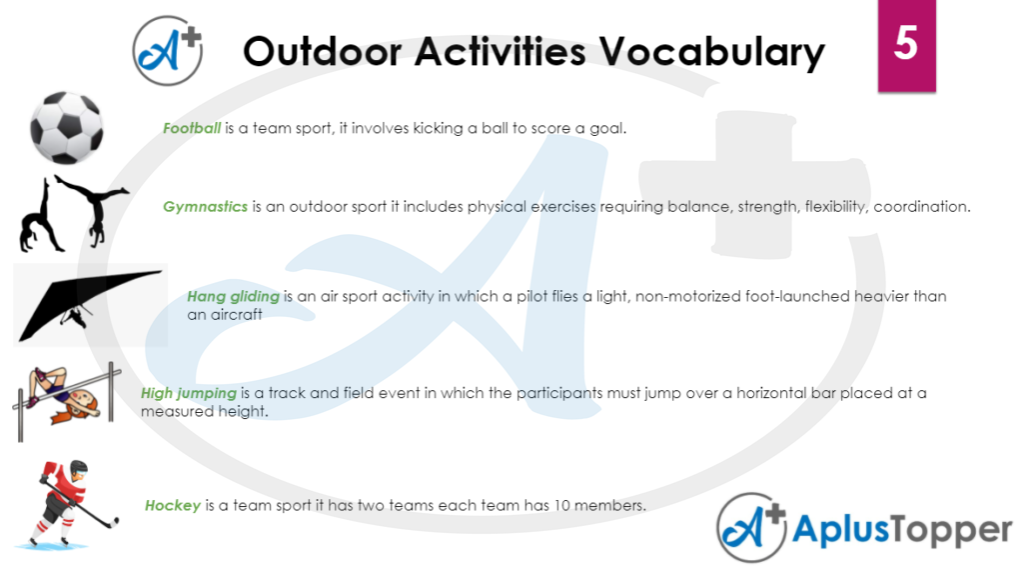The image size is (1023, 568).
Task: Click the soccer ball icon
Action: [66, 127]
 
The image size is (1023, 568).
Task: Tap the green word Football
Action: [192, 128]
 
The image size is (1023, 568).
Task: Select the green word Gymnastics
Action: [205, 207]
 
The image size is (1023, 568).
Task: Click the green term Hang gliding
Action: [234, 296]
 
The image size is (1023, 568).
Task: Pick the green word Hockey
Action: [173, 505]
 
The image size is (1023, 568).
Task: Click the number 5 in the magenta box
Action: [905, 45]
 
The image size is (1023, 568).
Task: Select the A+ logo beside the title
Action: [168, 50]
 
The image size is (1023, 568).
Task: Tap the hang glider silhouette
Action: [90, 303]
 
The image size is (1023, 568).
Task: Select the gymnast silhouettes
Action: [72, 213]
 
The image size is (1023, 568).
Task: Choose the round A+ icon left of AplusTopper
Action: [750, 528]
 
